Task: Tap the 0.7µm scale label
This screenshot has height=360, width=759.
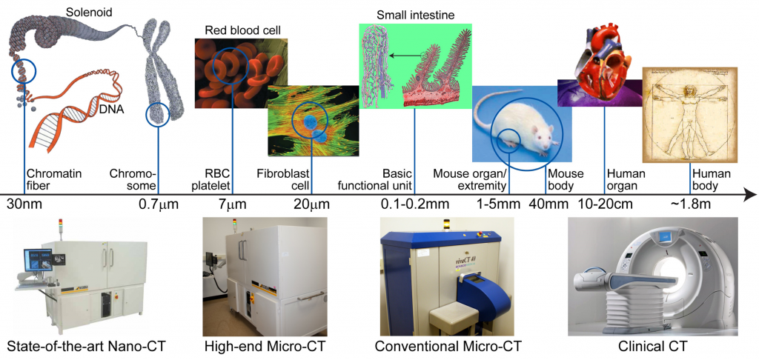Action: click(159, 204)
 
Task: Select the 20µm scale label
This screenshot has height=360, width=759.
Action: click(312, 204)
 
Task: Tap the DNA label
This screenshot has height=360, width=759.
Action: click(113, 110)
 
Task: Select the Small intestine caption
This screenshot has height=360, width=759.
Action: click(416, 16)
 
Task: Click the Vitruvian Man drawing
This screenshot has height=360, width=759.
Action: click(689, 115)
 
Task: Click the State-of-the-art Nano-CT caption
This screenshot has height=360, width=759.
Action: click(86, 347)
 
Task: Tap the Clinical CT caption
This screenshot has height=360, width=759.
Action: click(652, 347)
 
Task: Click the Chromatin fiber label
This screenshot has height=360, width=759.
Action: click(47, 179)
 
